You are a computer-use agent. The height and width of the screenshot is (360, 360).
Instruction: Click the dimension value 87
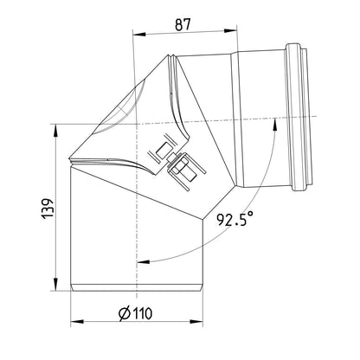pyautogui.click(x=183, y=24)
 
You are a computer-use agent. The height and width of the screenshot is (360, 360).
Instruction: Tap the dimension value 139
pyautogui.click(x=48, y=209)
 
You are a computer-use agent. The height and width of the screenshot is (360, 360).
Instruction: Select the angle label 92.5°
pyautogui.click(x=235, y=219)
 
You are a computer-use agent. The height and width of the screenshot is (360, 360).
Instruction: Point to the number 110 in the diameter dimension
pyautogui.click(x=142, y=313)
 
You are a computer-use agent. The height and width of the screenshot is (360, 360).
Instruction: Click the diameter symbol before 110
pyautogui.click(x=125, y=313)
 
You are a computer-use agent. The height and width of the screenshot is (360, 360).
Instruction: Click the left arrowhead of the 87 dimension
pyautogui.click(x=138, y=34)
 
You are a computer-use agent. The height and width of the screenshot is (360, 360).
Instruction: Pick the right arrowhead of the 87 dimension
pyautogui.click(x=230, y=30)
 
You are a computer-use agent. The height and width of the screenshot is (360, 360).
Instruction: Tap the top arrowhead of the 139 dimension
pyautogui.click(x=55, y=131)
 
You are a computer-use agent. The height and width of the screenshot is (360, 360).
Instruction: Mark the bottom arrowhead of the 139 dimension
pyautogui.click(x=55, y=284)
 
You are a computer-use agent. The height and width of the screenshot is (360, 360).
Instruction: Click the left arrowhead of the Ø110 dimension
pyautogui.click(x=77, y=321)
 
